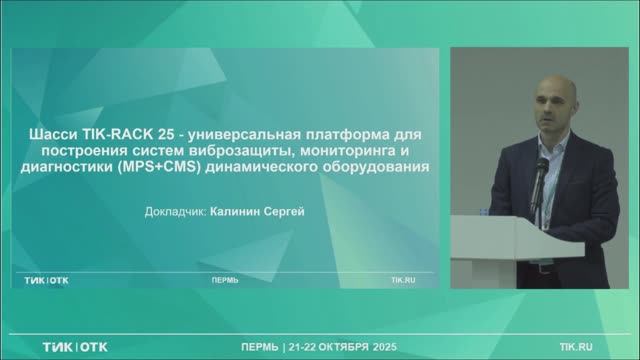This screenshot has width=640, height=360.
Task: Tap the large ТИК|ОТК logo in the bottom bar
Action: pos(75,346)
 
